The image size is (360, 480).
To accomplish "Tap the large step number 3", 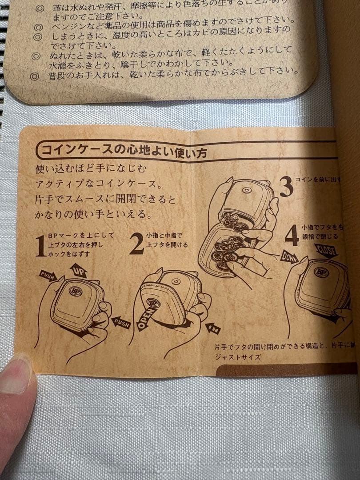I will point(286,186).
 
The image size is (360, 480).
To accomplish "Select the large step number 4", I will point(292,236).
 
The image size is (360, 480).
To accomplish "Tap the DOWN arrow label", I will point(289,256).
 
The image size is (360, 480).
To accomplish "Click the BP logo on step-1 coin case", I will point(75,291).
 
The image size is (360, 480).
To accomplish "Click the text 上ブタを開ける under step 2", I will point(167,245).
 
